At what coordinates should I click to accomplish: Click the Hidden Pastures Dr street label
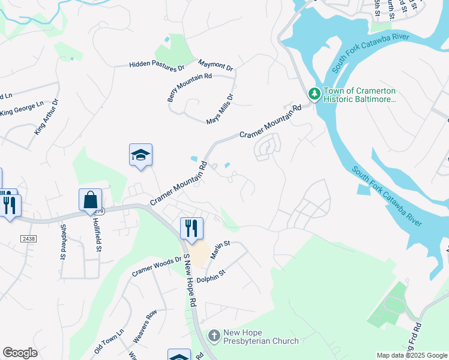coord(157,65)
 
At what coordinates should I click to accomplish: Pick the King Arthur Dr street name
coord(47,116)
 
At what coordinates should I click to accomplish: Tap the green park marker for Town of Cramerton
coord(314,94)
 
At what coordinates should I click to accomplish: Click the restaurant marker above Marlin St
coord(191,228)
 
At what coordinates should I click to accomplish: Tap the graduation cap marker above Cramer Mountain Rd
coord(140,155)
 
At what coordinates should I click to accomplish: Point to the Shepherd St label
coord(62,242)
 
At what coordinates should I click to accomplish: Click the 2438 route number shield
coord(29,239)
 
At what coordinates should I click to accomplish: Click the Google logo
coord(20,353)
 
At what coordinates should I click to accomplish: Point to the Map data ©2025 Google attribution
coord(411,355)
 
